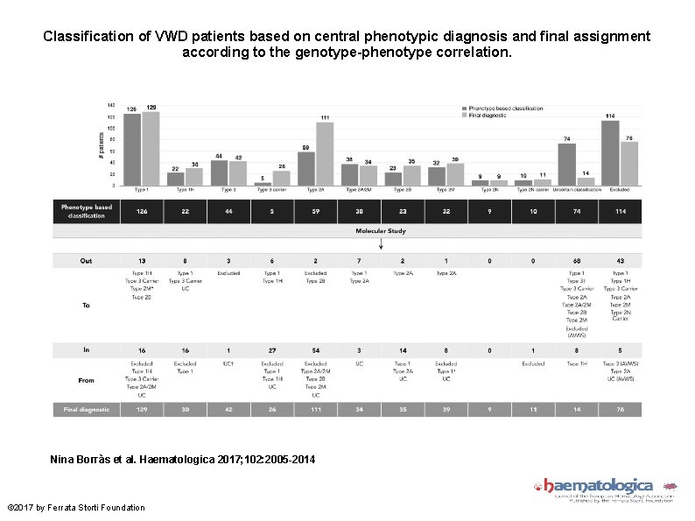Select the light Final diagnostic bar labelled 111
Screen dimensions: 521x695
[325, 154]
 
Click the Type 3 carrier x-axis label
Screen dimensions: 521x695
[271, 189]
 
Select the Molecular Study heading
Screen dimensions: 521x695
[380, 232]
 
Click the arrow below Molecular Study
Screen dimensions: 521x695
[381, 245]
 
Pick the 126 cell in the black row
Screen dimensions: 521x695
[142, 211]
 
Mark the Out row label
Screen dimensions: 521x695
[86, 261]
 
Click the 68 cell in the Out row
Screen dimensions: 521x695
[576, 261]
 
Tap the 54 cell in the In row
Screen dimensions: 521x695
[315, 349]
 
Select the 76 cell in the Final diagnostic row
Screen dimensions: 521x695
[620, 409]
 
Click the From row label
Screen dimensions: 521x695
[87, 379]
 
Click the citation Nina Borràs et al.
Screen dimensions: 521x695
[183, 460]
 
